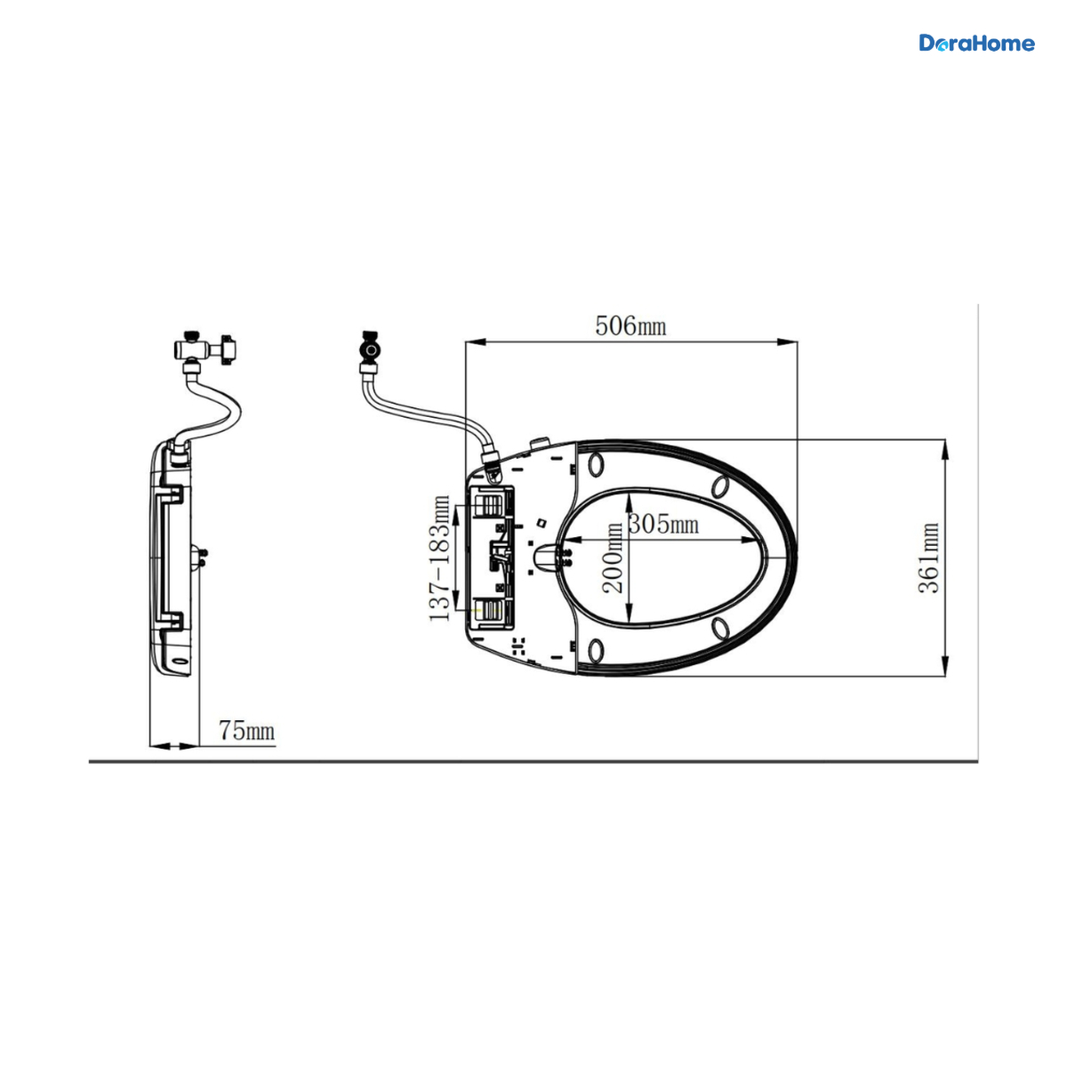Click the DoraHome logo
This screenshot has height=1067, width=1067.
click(976, 44)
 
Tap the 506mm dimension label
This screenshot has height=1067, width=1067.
click(630, 325)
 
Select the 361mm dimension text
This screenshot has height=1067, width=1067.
click(928, 558)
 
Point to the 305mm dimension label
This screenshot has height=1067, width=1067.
click(663, 523)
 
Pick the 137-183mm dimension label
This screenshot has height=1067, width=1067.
click(439, 558)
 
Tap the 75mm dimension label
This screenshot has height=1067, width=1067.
click(246, 730)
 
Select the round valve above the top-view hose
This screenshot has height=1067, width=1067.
click(369, 351)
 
